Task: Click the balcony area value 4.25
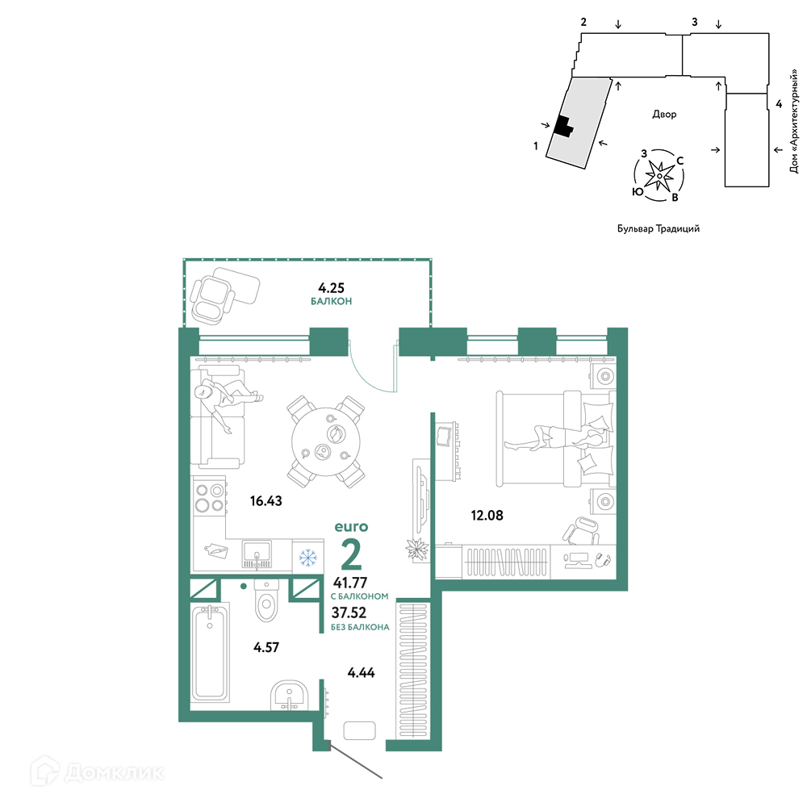coord(331,288)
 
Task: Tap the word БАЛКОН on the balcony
coord(331,301)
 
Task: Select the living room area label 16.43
coord(266,501)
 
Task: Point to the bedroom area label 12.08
coord(487,515)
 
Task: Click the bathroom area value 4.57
coord(266,647)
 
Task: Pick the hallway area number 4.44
coord(362,672)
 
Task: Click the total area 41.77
coord(350,583)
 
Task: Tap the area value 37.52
coord(349,613)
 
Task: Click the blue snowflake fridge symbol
coord(307,558)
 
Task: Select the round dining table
coord(326,442)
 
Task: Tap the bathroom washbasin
coord(289,696)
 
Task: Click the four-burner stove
coord(210,498)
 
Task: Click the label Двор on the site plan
coord(664,115)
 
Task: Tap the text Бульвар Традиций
coord(659,228)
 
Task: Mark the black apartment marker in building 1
coord(563,127)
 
